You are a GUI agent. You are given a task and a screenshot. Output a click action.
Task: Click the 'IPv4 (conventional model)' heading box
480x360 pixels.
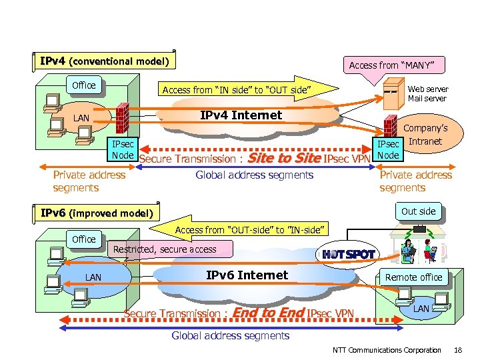tap(104, 61)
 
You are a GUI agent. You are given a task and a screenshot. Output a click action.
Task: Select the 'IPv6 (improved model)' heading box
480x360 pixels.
tap(97, 213)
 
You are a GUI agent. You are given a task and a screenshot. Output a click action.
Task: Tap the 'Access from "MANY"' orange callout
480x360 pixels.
tap(391, 65)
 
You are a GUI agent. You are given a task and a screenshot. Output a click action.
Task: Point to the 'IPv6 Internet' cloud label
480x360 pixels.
tap(247, 275)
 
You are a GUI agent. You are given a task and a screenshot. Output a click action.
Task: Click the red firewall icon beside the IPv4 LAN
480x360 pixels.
tap(121, 117)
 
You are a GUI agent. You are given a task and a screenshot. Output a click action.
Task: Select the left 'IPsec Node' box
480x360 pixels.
tap(123, 150)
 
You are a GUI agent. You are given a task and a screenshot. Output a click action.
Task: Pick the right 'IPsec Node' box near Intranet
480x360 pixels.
tap(388, 150)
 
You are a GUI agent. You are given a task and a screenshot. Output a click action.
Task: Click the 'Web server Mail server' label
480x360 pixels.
tap(427, 93)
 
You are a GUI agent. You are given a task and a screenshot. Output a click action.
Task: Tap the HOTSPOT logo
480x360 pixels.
tap(348, 254)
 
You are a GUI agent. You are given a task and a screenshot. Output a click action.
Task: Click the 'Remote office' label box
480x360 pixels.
tap(413, 277)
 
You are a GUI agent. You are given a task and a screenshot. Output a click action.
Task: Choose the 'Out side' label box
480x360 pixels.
tap(418, 211)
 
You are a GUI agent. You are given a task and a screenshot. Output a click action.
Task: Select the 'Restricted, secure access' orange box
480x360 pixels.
tap(165, 249)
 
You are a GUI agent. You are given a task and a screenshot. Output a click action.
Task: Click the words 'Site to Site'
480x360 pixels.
tap(283, 158)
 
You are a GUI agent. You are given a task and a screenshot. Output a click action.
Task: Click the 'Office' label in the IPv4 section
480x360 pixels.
tap(83, 85)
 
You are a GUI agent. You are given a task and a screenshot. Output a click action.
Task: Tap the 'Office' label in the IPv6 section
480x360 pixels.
tap(83, 239)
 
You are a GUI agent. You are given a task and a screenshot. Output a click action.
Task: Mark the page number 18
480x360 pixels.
tap(457, 350)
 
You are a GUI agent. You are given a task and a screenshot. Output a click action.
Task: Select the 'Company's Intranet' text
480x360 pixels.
tap(425, 135)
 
